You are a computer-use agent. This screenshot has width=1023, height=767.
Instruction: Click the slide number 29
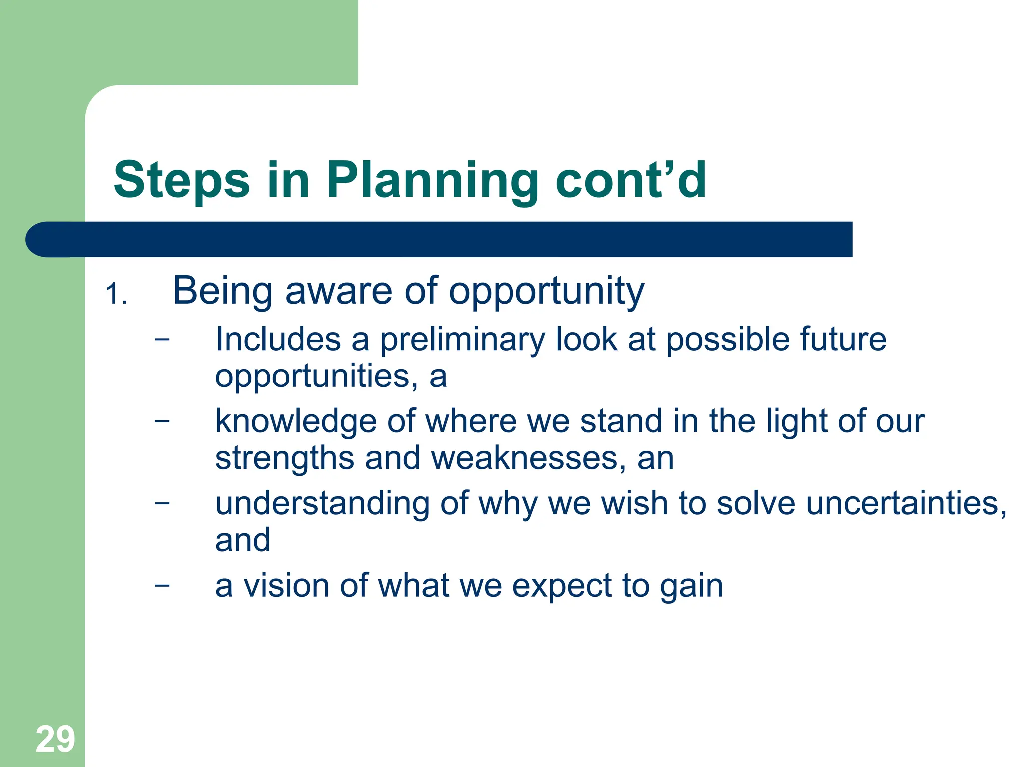[55, 740]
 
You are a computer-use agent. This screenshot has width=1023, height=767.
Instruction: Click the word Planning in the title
[433, 181]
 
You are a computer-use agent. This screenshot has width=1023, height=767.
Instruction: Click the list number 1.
[116, 294]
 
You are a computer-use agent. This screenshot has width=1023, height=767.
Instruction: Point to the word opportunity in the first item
[546, 292]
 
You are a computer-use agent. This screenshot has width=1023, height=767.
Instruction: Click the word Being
[223, 292]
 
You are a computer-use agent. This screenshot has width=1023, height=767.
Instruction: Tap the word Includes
[278, 340]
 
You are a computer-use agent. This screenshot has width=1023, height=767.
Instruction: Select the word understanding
[322, 504]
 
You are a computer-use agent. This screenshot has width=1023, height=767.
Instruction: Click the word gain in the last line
[691, 587]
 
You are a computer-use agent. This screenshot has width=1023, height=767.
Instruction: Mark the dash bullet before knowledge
[162, 420]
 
